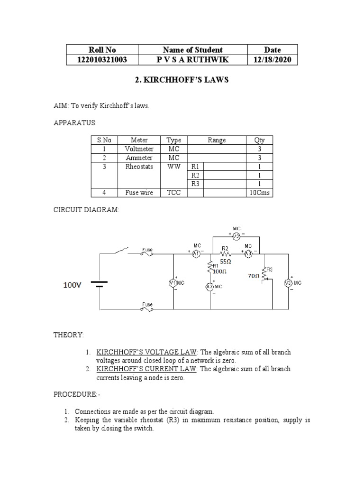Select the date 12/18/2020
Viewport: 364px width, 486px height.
(273, 60)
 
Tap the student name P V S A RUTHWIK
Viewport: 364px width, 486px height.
(192, 60)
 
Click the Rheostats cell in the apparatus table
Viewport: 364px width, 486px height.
(139, 167)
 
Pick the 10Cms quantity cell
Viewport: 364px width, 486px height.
(259, 193)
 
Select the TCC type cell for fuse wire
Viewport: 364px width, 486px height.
(174, 193)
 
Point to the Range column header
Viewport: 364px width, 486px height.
(217, 140)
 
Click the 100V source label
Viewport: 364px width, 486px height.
(73, 285)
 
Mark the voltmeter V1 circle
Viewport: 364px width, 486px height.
(173, 283)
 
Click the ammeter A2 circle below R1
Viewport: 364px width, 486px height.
(210, 287)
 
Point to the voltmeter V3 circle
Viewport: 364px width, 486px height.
(287, 283)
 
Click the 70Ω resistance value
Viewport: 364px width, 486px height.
(254, 275)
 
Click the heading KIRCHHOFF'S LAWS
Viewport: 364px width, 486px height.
(182, 80)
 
